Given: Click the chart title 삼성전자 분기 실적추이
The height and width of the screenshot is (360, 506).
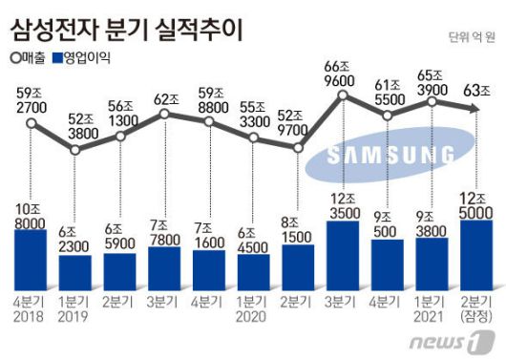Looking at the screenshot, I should click(126, 29).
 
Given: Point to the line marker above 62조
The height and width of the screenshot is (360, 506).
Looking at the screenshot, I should click(164, 114).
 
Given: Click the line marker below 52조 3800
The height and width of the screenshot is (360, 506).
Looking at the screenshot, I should click(75, 149).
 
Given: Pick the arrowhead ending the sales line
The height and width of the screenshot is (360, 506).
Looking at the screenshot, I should click(474, 111).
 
